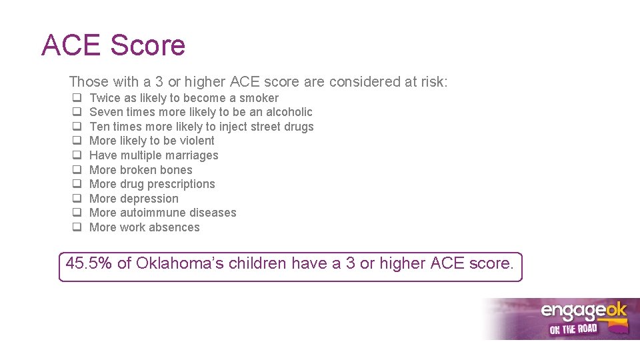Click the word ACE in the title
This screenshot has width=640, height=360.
click(71, 45)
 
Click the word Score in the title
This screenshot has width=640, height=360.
click(147, 45)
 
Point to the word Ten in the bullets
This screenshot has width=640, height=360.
click(99, 127)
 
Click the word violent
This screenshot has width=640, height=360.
click(197, 141)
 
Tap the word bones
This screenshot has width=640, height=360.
click(176, 170)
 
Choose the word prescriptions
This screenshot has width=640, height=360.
click(181, 184)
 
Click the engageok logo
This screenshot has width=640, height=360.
click(583, 312)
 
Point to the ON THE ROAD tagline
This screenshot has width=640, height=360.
click(573, 329)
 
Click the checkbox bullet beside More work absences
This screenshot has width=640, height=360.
click(77, 227)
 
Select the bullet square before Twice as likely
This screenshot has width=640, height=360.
click(77, 98)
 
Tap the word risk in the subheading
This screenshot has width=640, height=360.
click(432, 82)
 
